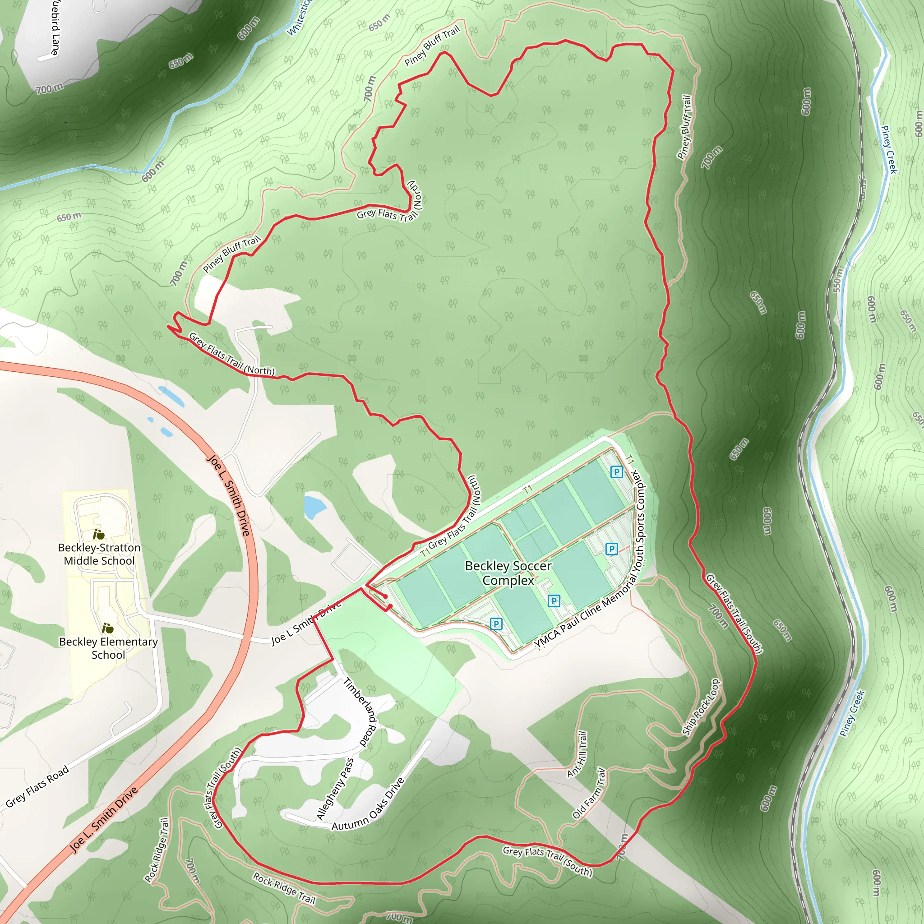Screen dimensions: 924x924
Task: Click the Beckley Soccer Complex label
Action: [x=508, y=573]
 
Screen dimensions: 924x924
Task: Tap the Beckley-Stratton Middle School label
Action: [x=99, y=554]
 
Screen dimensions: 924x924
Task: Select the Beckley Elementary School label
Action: [x=109, y=648]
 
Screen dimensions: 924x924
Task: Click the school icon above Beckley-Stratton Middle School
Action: [x=98, y=534]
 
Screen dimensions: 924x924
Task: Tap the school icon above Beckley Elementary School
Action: [x=108, y=628]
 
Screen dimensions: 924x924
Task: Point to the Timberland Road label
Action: [x=361, y=712]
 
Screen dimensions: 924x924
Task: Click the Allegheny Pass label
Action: [x=335, y=789]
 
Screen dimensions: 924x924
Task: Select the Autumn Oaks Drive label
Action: [x=368, y=805]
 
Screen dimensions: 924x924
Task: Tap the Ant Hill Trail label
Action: [x=577, y=754]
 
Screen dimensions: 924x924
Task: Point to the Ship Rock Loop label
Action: [x=701, y=707]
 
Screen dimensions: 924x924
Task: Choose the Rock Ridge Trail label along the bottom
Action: [x=284, y=888]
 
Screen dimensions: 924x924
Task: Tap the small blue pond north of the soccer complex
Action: [x=314, y=507]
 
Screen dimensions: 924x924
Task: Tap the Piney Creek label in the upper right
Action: [x=889, y=149]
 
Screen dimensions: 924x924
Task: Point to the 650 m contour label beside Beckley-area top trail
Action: [x=379, y=23]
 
